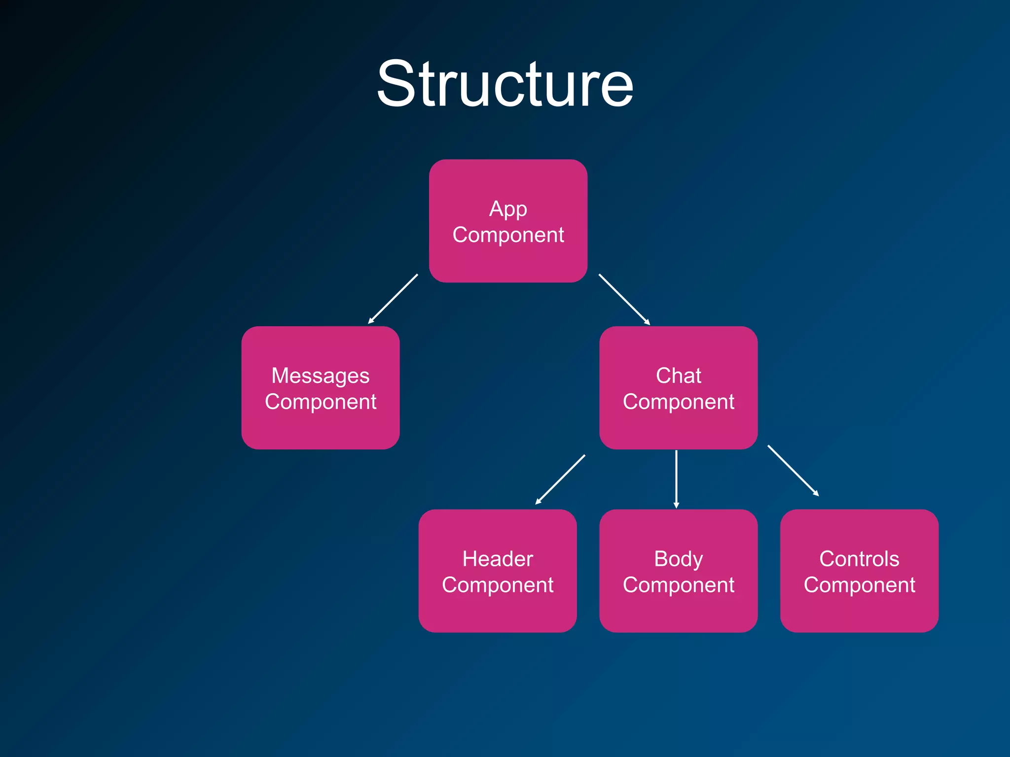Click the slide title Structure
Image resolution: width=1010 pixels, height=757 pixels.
click(x=505, y=84)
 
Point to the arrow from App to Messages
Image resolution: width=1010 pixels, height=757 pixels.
click(x=393, y=299)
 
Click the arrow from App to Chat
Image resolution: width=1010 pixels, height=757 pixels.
click(x=624, y=299)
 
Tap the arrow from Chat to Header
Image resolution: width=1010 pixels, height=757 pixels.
click(x=560, y=480)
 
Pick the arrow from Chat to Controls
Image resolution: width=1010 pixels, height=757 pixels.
click(x=793, y=470)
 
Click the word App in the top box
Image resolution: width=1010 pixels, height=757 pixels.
click(x=508, y=209)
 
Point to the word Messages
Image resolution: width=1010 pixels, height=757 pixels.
click(x=320, y=377)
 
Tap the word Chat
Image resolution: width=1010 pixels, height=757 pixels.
click(x=678, y=376)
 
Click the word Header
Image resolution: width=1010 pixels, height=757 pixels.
click(x=497, y=559)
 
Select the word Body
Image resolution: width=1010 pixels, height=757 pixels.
click(x=678, y=559)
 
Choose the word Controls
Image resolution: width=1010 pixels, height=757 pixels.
click(x=859, y=559)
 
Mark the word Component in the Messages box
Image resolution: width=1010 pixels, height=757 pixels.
click(x=320, y=402)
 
